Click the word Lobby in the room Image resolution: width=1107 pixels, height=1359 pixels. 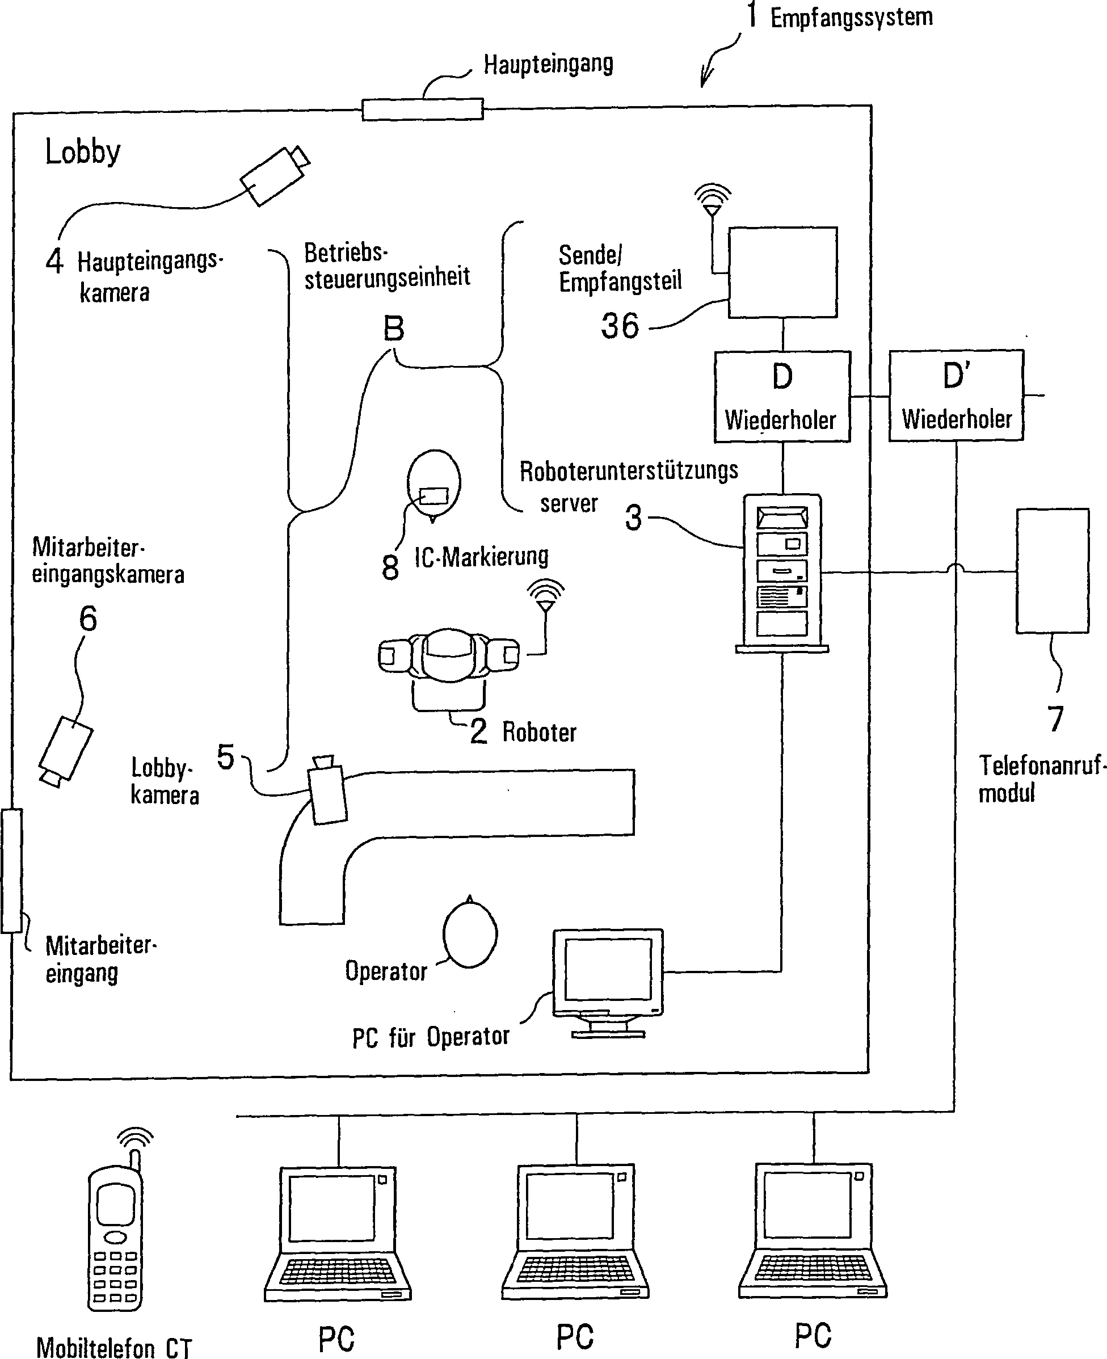tap(83, 152)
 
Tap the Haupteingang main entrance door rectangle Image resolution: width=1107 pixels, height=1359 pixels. tap(422, 109)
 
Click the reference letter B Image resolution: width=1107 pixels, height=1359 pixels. tap(393, 329)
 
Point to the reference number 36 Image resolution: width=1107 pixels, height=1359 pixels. tap(620, 326)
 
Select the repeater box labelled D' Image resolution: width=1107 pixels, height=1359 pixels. tap(956, 396)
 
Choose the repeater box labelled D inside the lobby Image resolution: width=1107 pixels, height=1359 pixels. tap(782, 396)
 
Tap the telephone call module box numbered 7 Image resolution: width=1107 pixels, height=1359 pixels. tap(1052, 571)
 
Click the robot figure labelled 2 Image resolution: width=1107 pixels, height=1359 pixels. tap(449, 657)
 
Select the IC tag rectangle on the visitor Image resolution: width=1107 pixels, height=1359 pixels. tap(434, 495)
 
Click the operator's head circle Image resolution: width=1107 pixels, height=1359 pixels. tap(470, 934)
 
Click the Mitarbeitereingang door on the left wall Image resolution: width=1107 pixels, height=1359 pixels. tap(11, 871)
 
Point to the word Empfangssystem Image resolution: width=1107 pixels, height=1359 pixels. tap(851, 17)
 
